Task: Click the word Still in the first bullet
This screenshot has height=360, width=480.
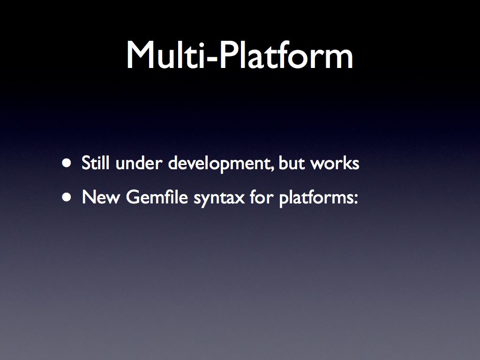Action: coord(95,163)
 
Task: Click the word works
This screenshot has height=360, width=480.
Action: coord(335,163)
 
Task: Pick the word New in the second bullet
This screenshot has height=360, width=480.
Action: coord(101,197)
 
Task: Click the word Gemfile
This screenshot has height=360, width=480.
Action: coord(157,197)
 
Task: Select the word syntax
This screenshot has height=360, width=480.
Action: coord(219,198)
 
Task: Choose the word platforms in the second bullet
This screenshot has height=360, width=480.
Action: coord(316,198)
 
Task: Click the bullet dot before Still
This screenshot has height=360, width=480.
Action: coord(67,163)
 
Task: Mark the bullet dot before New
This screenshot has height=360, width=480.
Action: coord(67,197)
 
